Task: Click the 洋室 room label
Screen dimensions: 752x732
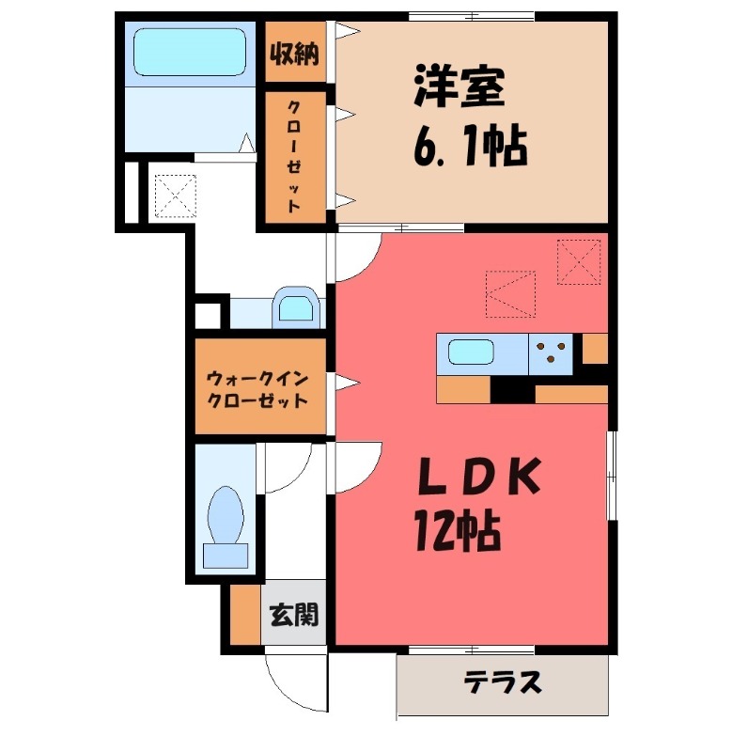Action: tap(459, 87)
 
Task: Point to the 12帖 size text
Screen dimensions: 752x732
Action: tap(457, 534)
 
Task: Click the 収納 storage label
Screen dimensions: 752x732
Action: tap(294, 53)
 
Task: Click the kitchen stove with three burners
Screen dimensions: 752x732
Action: tap(553, 352)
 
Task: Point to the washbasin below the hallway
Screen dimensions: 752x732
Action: tap(295, 307)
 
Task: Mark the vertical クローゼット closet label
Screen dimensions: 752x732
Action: tap(294, 156)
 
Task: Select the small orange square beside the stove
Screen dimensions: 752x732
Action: tap(594, 348)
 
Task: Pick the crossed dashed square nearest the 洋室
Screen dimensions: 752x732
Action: tap(578, 260)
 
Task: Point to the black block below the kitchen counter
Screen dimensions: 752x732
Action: tap(512, 389)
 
